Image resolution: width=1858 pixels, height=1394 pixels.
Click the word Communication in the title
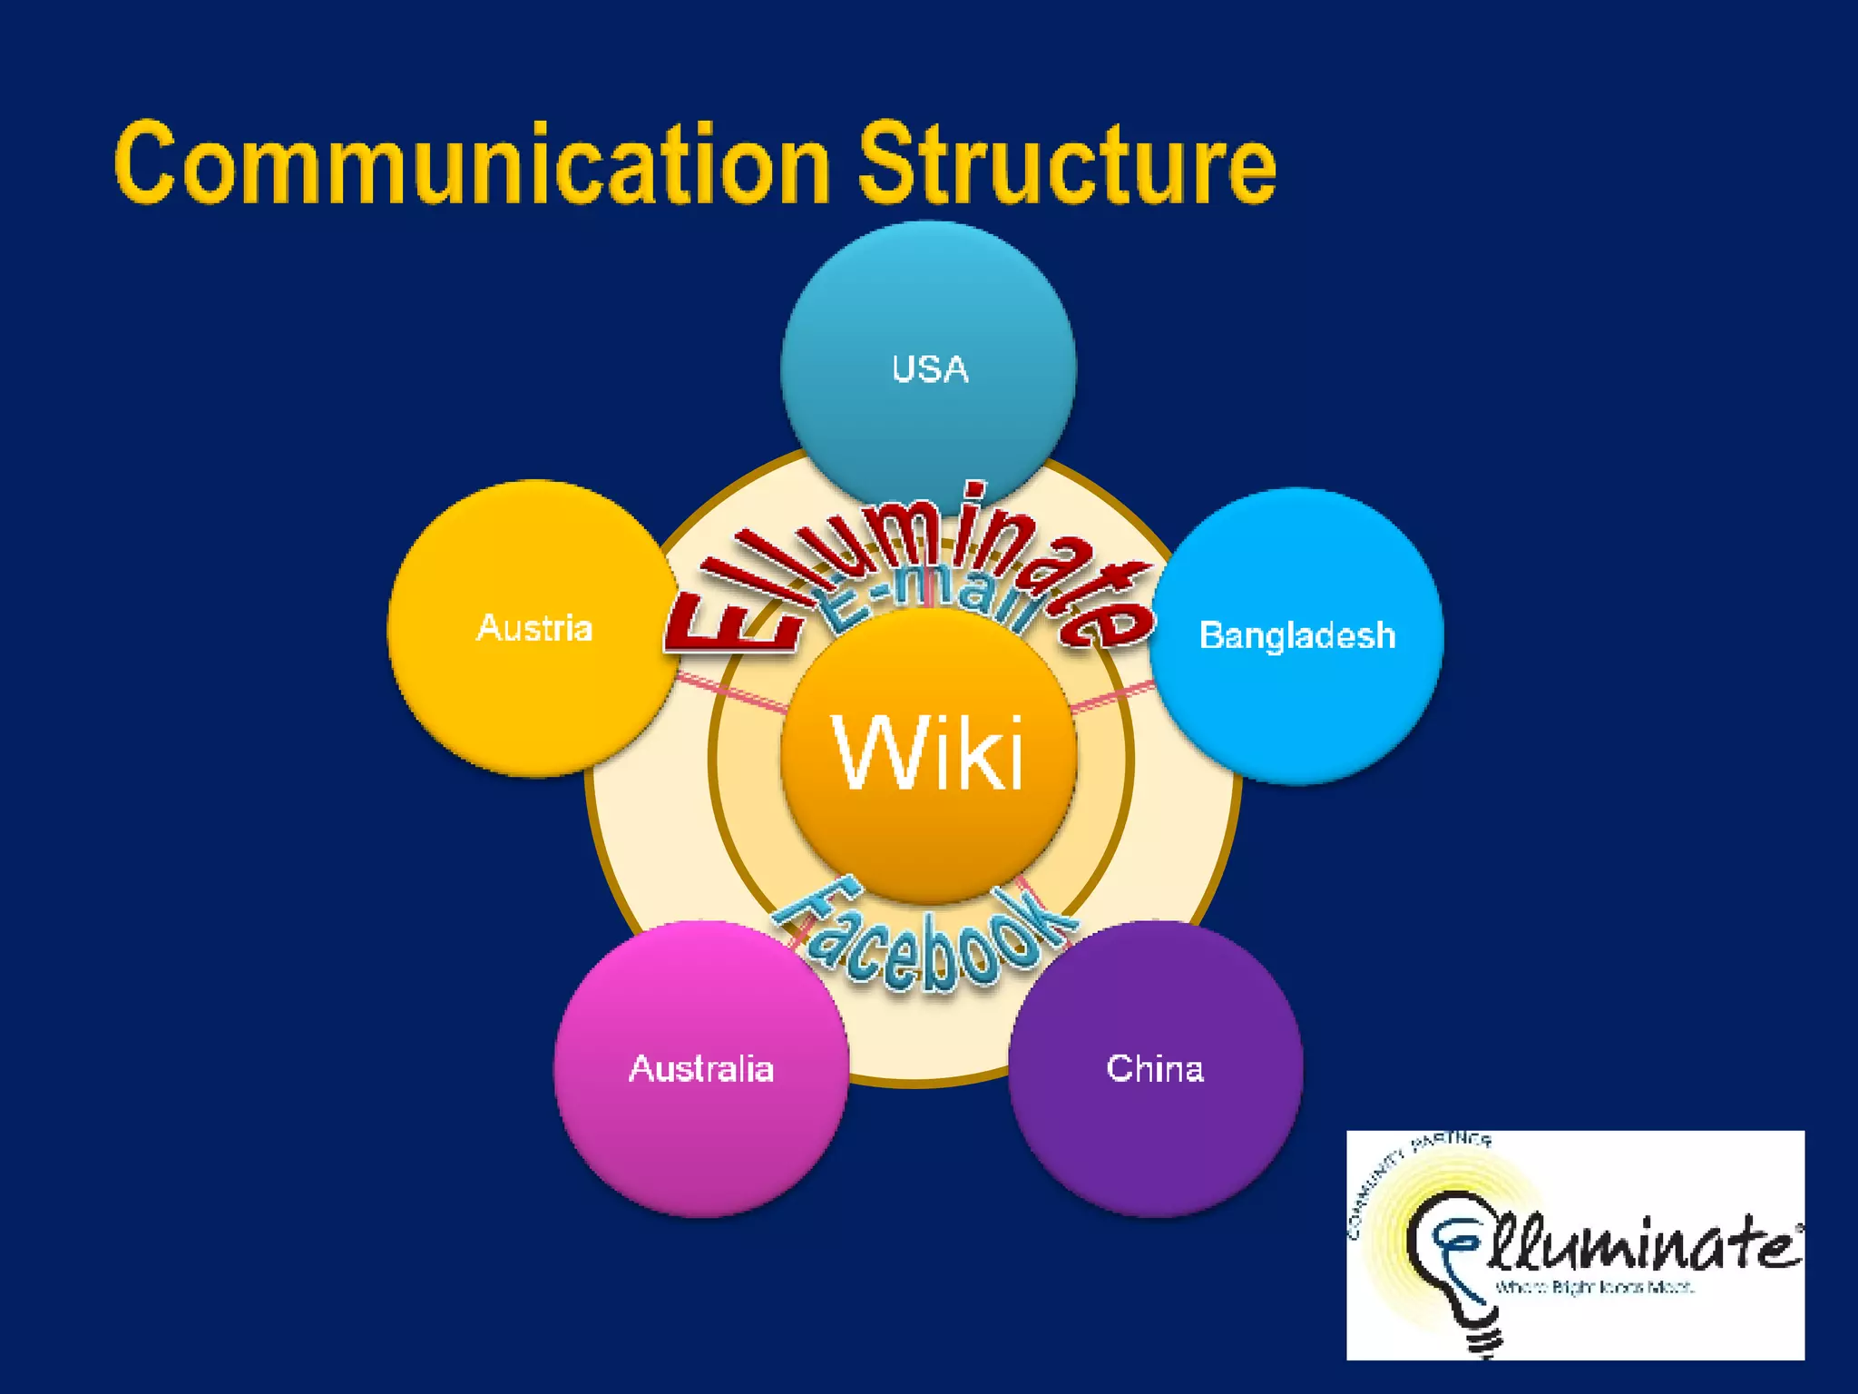[x=472, y=165]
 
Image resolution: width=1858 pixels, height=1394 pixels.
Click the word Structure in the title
[x=1067, y=165]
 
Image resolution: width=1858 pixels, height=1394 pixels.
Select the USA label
[x=930, y=369]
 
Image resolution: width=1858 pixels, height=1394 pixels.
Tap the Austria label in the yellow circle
[x=534, y=628]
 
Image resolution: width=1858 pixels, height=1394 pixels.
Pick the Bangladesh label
[x=1297, y=635]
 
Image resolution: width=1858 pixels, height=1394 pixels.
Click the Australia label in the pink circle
[x=701, y=1068]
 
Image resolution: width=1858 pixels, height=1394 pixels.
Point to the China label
[x=1155, y=1068]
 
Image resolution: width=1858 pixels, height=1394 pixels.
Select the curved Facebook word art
[x=925, y=944]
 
